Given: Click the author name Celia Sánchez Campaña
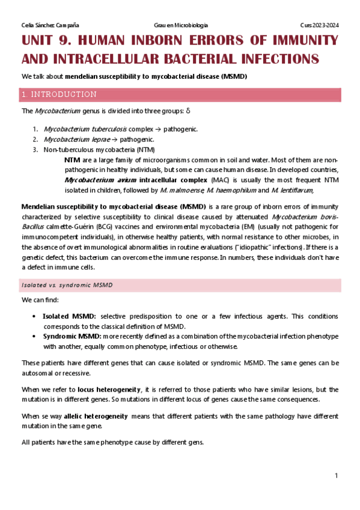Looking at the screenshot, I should (50, 25).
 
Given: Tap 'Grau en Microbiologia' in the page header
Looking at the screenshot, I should (181, 25).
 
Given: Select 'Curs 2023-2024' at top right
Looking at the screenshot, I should (320, 25).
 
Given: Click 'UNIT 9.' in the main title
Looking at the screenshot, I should (47, 41).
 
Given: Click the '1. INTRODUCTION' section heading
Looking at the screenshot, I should (58, 94).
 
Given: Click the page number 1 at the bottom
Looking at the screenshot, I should (337, 476).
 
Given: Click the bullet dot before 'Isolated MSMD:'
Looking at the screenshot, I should (36, 316).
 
